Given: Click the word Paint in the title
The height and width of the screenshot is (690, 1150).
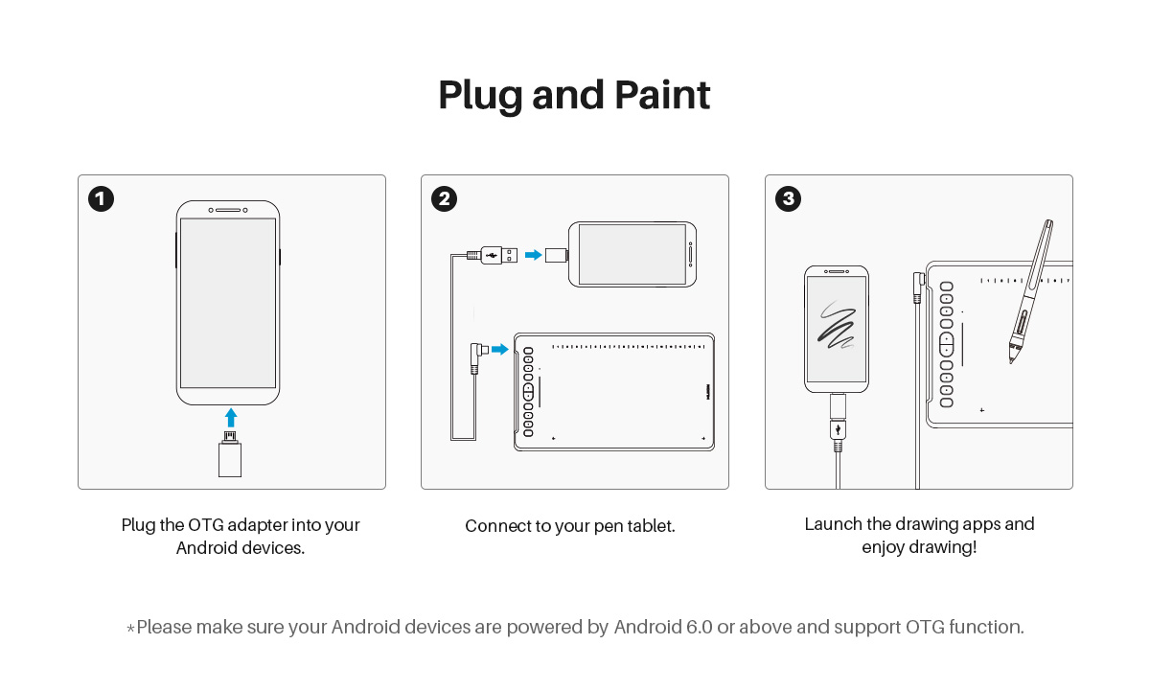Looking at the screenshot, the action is (x=662, y=96).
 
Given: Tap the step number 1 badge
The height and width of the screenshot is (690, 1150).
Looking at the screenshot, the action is (x=101, y=199).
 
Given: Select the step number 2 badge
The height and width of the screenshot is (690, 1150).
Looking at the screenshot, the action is (x=444, y=199).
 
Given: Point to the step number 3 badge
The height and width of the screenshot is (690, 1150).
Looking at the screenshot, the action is (x=788, y=199).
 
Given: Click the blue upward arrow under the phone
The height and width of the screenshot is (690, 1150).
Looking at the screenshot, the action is (x=231, y=418).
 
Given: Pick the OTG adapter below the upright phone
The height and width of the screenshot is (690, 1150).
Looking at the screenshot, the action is (x=230, y=454).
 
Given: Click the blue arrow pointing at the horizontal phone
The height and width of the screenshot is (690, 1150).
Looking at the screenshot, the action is (x=534, y=255).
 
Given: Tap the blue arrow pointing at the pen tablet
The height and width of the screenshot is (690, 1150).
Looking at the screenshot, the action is (x=499, y=350).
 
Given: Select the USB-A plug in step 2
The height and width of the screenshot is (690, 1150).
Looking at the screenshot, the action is (x=498, y=255).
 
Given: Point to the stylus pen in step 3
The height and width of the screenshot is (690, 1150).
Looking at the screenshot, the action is (x=1031, y=292).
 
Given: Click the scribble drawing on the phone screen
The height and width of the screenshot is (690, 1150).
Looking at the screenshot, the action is (x=837, y=325).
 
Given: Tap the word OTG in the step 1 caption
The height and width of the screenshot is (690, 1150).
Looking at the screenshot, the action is (x=206, y=525).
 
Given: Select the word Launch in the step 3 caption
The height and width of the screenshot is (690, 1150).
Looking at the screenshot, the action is (x=833, y=524).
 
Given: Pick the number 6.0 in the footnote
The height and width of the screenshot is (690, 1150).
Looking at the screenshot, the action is (x=700, y=628).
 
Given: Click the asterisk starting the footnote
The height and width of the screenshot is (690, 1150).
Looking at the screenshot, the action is (x=130, y=628).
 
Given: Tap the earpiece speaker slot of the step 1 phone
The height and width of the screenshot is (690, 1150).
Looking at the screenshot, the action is (x=228, y=210).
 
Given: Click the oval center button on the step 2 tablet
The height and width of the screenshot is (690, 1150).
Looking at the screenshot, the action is (x=528, y=393).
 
